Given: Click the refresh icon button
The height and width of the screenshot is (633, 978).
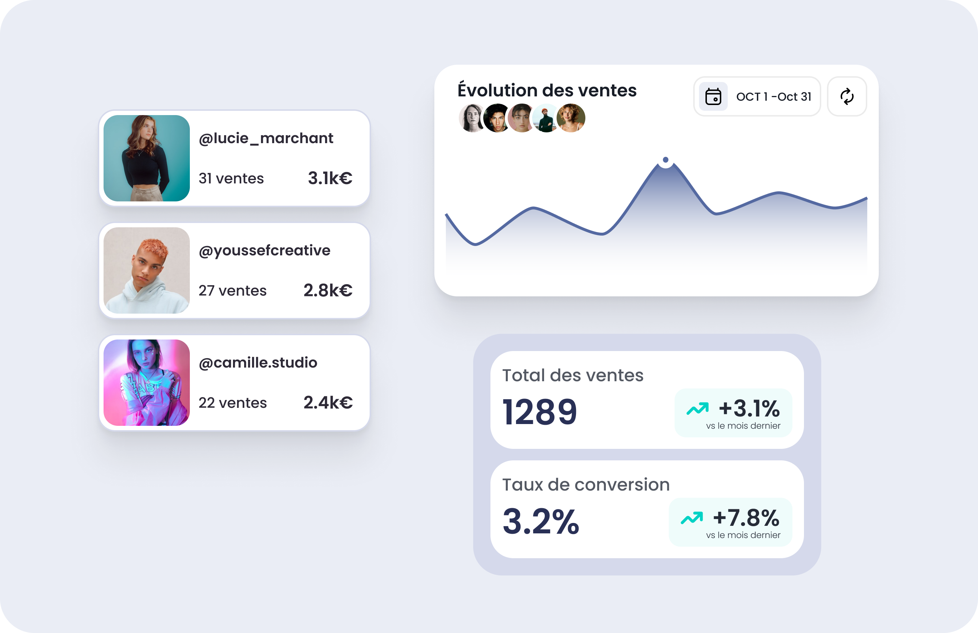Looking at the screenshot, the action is (847, 97).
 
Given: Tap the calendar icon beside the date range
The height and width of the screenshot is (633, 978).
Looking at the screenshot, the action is (713, 97).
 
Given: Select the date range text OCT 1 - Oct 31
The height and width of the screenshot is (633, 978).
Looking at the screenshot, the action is (774, 97).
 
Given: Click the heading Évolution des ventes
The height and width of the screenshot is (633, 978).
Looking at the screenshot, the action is (547, 90).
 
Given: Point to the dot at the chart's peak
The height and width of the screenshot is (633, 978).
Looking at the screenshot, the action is (666, 159).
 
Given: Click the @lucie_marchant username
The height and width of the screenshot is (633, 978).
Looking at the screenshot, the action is (266, 138).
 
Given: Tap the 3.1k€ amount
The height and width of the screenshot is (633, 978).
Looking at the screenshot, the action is (330, 178).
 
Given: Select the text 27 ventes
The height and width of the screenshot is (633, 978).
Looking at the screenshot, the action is (233, 291).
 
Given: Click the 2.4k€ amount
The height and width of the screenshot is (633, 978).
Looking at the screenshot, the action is (328, 402).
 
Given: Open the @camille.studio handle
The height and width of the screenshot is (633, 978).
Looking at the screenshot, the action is (258, 363).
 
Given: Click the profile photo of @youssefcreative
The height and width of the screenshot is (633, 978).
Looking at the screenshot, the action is (147, 270).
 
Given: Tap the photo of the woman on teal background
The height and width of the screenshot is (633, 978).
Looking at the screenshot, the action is (147, 158).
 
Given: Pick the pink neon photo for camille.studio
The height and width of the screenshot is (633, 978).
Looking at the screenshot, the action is (147, 383).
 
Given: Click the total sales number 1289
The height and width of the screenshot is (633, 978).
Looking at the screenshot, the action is (540, 412).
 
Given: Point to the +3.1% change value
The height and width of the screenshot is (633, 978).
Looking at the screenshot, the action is (749, 408).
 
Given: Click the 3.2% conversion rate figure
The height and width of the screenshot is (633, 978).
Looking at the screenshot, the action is (541, 521).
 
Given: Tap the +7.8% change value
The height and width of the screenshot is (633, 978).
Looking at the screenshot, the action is (746, 518).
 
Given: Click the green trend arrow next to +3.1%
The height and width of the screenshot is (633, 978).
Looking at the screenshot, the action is (697, 409).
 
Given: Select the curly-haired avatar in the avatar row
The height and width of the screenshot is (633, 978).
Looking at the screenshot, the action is (571, 118).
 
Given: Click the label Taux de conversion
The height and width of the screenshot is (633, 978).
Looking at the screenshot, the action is (586, 484).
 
